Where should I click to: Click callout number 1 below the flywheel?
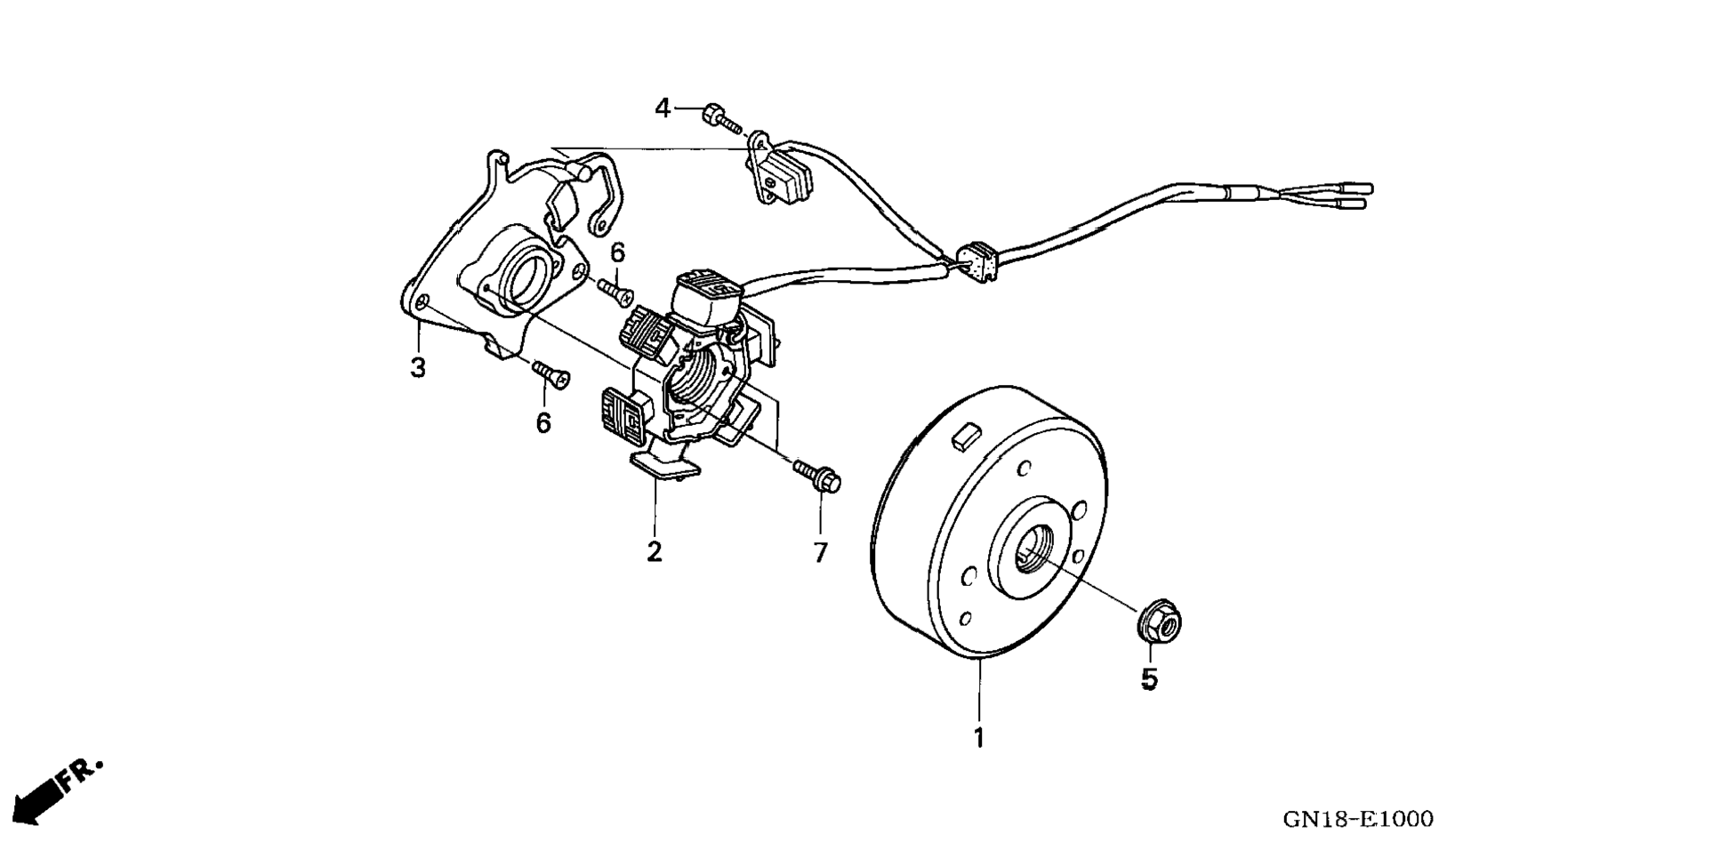click(x=979, y=738)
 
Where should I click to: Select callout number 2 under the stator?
click(x=655, y=552)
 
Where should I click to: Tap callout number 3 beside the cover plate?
click(x=418, y=367)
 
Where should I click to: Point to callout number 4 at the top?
click(x=663, y=108)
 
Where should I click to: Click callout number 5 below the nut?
click(x=1150, y=680)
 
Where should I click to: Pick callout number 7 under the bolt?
click(x=820, y=552)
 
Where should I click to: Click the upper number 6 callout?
click(x=617, y=253)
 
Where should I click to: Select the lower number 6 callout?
click(x=543, y=422)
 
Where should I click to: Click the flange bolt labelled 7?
click(x=819, y=475)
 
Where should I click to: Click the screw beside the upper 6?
click(x=615, y=291)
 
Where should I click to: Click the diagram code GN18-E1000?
click(x=1357, y=819)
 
